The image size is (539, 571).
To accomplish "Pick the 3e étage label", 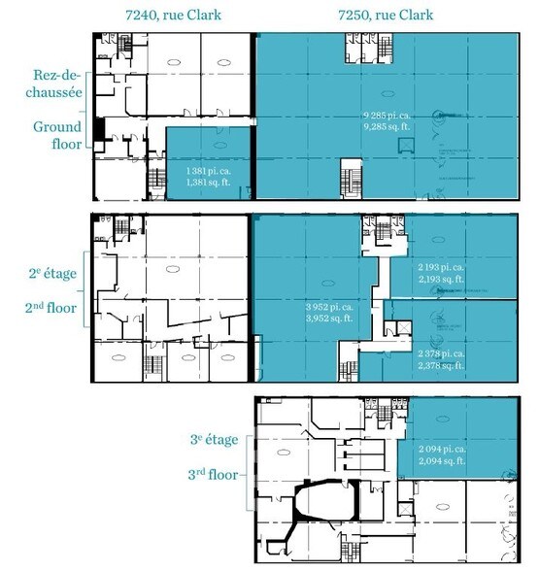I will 216,440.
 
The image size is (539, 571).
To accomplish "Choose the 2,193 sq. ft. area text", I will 440,279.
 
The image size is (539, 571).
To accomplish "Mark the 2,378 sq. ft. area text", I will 440,366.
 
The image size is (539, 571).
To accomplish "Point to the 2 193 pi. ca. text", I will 440,267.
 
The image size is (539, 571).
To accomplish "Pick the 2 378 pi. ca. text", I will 440,354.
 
